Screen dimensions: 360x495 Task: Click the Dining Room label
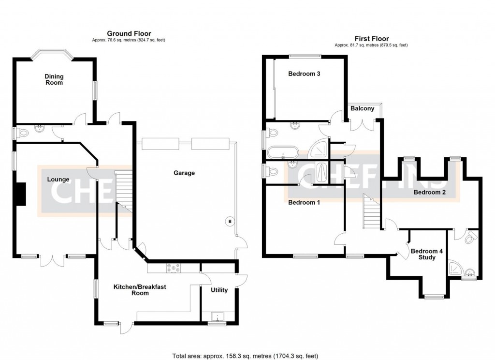54,79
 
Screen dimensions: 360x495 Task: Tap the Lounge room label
58,180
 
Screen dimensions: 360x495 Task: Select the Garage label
184,173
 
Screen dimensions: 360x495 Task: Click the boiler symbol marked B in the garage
230,222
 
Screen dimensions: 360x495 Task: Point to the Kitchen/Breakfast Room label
140,290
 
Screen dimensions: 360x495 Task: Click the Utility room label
219,290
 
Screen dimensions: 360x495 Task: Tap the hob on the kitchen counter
174,267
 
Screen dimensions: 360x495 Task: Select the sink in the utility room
218,317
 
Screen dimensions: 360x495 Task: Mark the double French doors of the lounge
52,260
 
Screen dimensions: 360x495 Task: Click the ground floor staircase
124,189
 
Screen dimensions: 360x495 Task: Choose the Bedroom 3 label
304,74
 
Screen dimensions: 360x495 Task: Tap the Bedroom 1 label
304,202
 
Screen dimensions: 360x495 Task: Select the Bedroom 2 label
429,193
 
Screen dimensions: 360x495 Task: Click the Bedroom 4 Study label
423,254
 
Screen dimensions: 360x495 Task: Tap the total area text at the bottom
246,356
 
